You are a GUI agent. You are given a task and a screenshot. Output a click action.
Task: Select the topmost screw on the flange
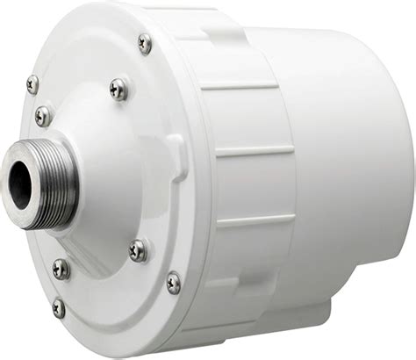click(144, 43)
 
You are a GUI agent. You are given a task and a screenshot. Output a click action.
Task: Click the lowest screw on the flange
click(59, 307)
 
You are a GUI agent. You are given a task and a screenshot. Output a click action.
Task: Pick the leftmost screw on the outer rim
click(32, 84)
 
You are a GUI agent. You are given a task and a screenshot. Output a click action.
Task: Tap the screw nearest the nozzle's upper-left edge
click(42, 115)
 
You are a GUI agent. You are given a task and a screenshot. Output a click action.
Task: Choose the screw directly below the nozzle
click(60, 268)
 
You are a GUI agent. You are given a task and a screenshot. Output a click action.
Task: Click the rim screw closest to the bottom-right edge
click(174, 284)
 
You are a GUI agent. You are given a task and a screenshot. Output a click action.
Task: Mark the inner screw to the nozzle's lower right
click(138, 250)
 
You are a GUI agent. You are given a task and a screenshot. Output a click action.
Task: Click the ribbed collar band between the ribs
click(250, 119)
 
